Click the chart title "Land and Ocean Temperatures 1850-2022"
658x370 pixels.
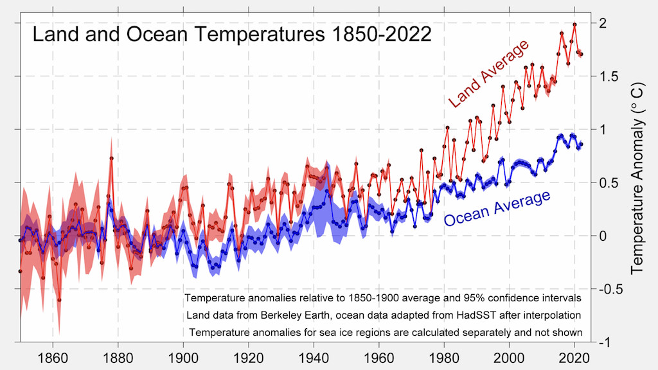pos(232,34)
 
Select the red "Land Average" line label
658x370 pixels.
pos(488,74)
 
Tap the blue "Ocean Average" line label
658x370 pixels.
pos(497,207)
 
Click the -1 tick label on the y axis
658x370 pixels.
pos(605,342)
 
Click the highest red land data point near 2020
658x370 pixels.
pos(574,24)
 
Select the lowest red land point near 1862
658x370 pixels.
pos(59,300)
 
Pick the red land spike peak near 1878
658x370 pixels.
pos(111,158)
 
